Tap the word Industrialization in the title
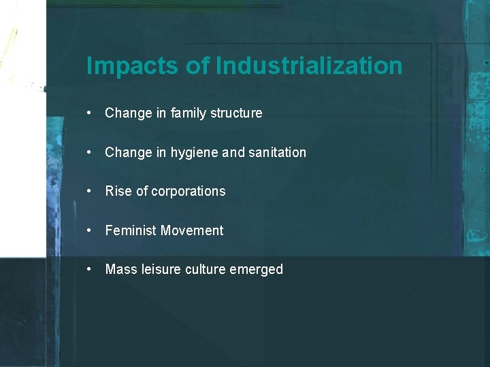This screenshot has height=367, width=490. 309,67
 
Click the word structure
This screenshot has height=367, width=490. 235,113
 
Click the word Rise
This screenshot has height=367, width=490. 118,192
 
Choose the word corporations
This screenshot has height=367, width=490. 189,192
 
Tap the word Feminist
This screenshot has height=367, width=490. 131,231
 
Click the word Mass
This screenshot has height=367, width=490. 121,270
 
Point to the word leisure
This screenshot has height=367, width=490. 159,270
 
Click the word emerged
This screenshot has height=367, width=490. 257,270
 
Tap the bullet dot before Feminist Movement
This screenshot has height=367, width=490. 90,231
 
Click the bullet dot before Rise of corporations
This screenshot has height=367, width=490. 90,192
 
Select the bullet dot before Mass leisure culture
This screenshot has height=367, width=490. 90,270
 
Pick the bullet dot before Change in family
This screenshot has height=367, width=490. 90,113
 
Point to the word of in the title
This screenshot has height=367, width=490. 197,67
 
